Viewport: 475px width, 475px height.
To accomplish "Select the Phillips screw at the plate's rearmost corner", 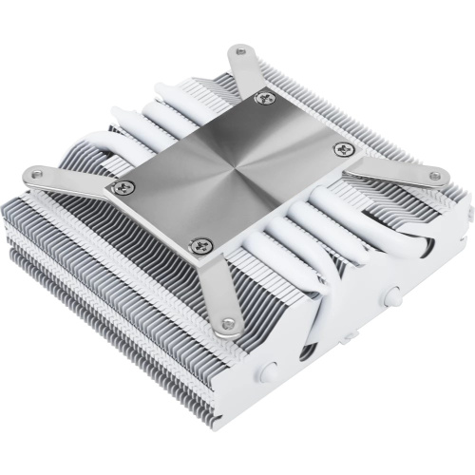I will click(264, 95).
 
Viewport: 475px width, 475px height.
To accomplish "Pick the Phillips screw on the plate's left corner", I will click(119, 188).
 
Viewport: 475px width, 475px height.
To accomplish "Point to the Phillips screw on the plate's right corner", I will click(344, 149).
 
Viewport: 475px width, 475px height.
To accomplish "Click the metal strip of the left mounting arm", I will click(76, 180).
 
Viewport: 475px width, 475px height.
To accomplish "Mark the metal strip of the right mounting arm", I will click(389, 163).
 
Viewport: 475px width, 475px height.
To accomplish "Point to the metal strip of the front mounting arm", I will click(217, 285).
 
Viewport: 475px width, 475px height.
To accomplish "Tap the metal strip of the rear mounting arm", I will click(249, 71).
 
